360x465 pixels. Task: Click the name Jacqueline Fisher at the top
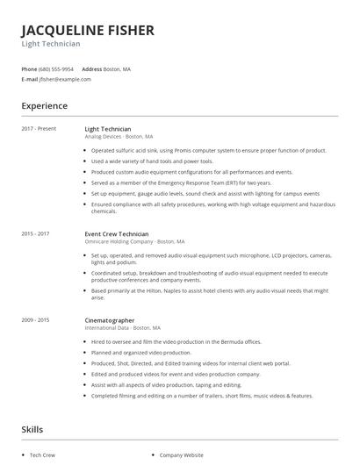(88, 30)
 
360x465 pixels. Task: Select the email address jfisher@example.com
(65, 79)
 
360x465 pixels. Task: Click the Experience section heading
(45, 105)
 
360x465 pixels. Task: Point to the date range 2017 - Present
(39, 129)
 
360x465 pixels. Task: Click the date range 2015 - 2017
(35, 234)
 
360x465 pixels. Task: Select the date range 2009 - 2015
(35, 320)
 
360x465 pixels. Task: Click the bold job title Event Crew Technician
(117, 234)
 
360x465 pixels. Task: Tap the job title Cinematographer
(110, 320)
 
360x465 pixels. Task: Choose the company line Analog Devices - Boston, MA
(119, 137)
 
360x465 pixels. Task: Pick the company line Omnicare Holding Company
(134, 241)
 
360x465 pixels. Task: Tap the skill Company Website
(181, 455)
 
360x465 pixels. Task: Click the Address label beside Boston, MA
(91, 68)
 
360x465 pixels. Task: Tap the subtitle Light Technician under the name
(51, 44)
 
